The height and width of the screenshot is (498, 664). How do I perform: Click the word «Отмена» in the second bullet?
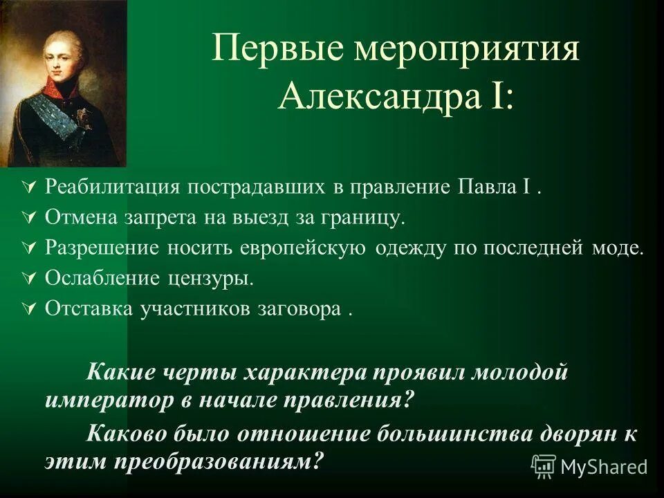point(76,218)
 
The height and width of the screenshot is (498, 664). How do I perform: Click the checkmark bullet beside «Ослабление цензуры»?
point(28,279)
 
